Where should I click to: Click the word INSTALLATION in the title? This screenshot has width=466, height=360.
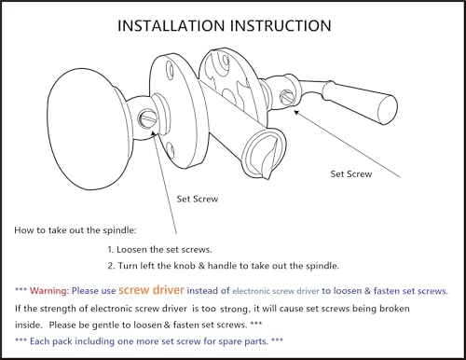pos(171,26)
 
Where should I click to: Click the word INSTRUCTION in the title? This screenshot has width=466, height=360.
pos(281,26)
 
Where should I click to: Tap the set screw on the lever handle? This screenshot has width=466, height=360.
pos(286,97)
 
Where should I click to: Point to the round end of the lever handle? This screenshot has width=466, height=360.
pos(388,110)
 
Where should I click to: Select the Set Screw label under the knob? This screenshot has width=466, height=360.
pos(198,199)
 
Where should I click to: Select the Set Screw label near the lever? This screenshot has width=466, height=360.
pos(351,174)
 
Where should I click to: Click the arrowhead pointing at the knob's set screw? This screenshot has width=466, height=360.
pos(153,133)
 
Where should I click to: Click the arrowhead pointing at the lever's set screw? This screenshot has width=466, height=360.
pos(297,113)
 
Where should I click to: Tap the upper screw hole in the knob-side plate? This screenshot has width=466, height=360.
pos(170,67)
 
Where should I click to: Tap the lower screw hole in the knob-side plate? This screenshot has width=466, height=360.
pos(170,148)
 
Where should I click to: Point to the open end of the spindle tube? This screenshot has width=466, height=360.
pos(264,154)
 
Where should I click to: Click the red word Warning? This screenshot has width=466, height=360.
pos(48,291)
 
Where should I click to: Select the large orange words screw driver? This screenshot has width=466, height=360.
pos(151,290)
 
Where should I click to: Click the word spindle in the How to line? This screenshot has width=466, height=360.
pos(119,230)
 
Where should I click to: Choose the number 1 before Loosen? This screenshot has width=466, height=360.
pos(110,250)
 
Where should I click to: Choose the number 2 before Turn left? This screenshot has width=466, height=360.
pos(111,266)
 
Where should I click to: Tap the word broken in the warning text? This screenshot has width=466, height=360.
pos(394,309)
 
